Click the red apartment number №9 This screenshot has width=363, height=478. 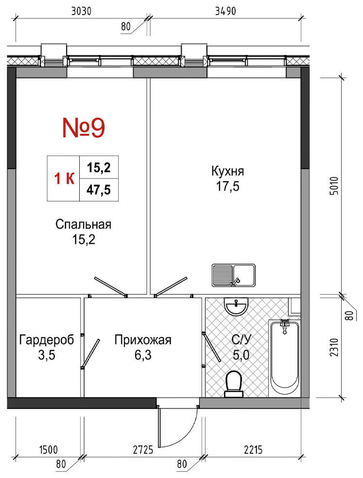pyautogui.click(x=84, y=128)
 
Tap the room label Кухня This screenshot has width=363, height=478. pyautogui.click(x=228, y=171)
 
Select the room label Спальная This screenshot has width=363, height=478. pyautogui.click(x=84, y=224)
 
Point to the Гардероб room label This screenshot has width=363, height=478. pyautogui.click(x=47, y=339)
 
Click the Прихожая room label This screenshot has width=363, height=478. pyautogui.click(x=143, y=339)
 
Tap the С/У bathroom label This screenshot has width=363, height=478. pyautogui.click(x=241, y=339)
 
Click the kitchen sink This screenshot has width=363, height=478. pyautogui.click(x=234, y=275)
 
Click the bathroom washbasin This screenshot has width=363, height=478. pyautogui.click(x=236, y=306)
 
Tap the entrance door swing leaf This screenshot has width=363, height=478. pyautogui.click(x=159, y=426)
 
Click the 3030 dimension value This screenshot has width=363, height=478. pyautogui.click(x=81, y=11)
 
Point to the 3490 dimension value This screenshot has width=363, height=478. pyautogui.click(x=225, y=11)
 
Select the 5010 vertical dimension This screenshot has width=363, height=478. pyautogui.click(x=334, y=186)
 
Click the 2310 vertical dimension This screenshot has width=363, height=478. pyautogui.click(x=334, y=347)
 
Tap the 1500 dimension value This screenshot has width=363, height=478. pyautogui.click(x=49, y=450)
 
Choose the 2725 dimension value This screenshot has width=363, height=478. pyautogui.click(x=143, y=450)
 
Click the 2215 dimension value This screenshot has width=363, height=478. pyautogui.click(x=253, y=450)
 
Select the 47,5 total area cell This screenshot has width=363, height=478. pyautogui.click(x=99, y=190)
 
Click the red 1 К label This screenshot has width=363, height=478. pyautogui.click(x=64, y=178)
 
